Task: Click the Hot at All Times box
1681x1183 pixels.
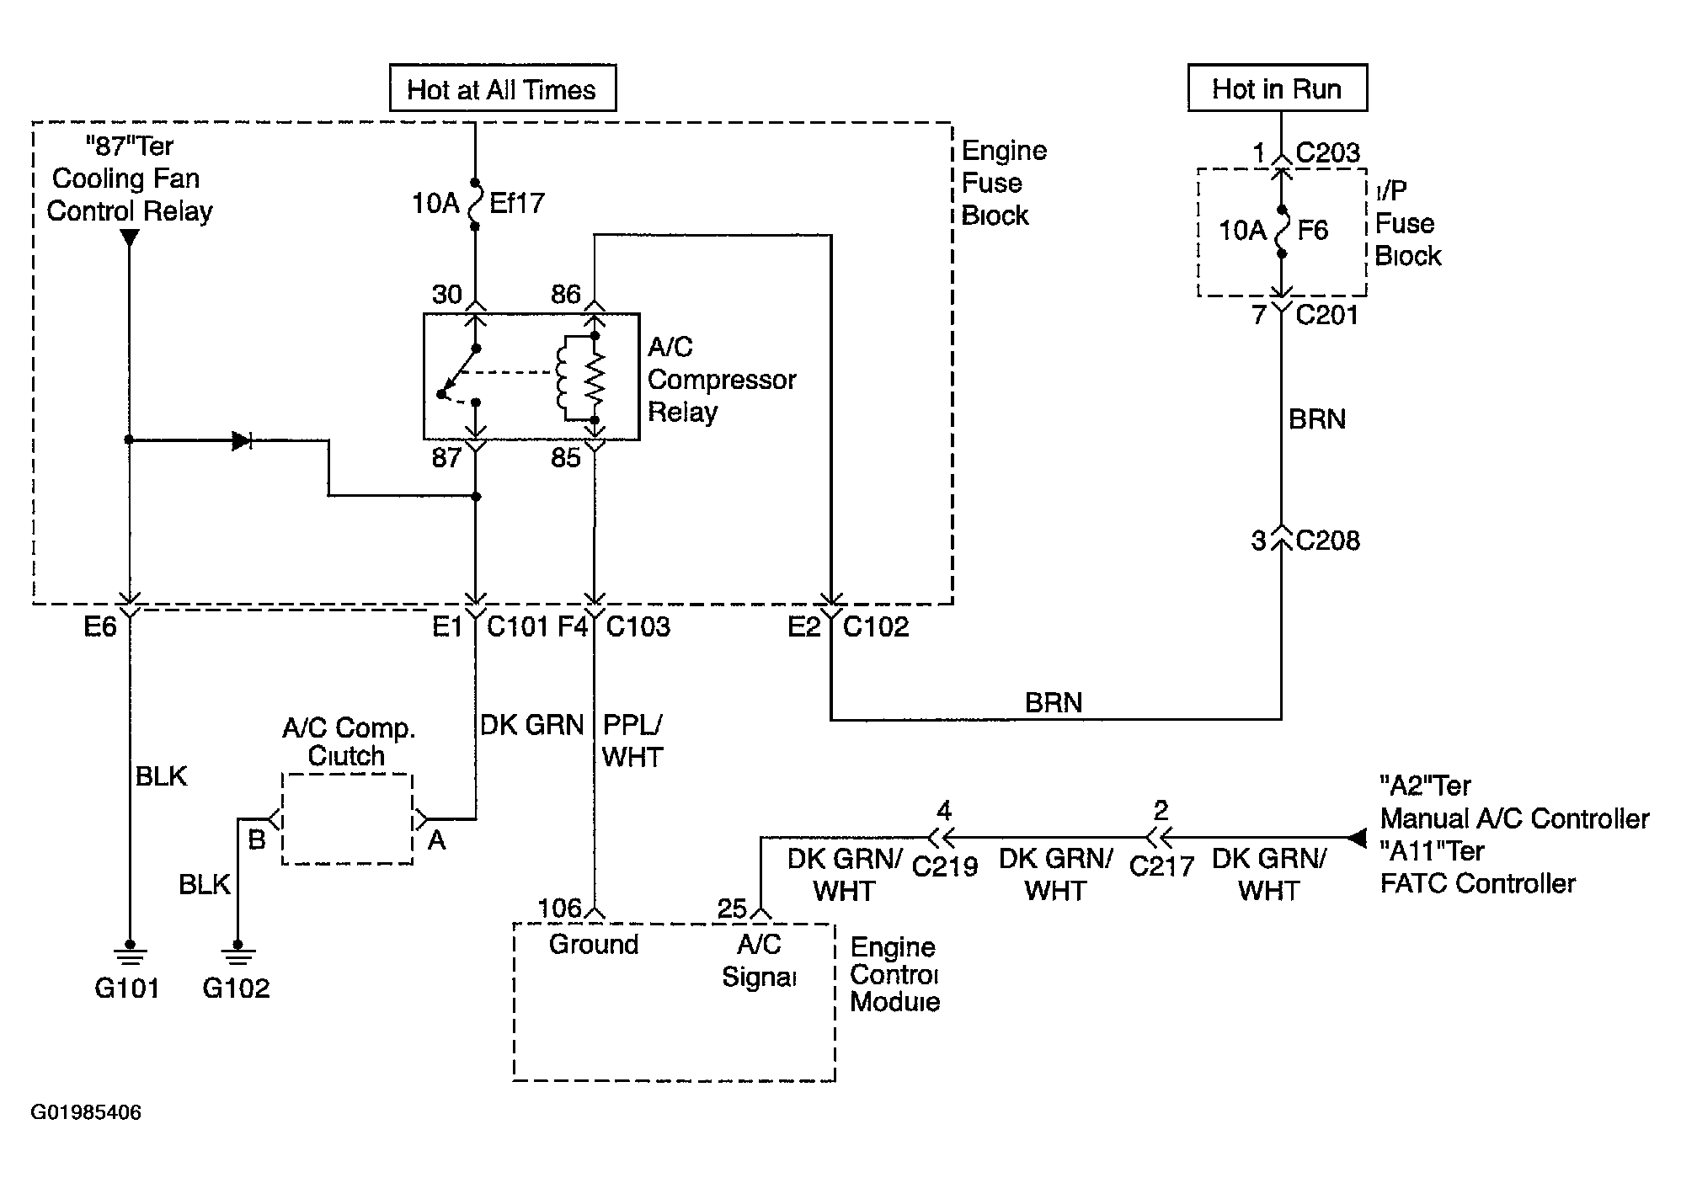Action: (503, 88)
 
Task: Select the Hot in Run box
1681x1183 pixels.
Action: (1277, 88)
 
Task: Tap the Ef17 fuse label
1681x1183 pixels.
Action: (517, 203)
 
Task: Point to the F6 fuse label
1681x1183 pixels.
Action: (1314, 230)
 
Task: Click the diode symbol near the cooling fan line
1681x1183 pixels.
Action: (243, 440)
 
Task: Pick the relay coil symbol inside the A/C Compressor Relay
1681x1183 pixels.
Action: (563, 377)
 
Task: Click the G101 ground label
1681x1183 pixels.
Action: (127, 988)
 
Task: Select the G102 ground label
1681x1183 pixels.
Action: (237, 988)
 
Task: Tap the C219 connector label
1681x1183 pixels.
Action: (945, 866)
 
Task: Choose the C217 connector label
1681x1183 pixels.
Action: (1161, 866)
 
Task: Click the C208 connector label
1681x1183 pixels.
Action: (1328, 541)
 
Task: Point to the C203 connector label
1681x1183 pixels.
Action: (1328, 152)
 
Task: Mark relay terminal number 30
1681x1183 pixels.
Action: (447, 294)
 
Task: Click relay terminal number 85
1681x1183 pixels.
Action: (566, 458)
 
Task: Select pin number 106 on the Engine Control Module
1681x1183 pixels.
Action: (560, 909)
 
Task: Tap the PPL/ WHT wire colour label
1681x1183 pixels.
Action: (632, 741)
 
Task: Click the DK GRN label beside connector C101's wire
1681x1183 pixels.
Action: (531, 725)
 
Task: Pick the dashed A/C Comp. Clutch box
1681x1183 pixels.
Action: (347, 819)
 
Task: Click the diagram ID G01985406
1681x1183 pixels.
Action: (86, 1112)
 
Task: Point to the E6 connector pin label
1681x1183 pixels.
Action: (100, 627)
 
